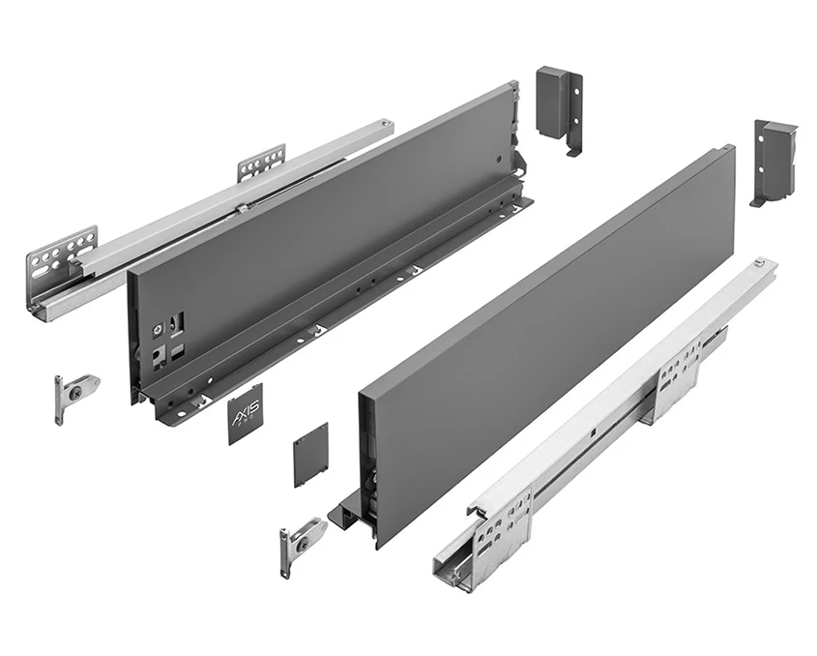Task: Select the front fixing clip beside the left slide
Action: pos(73,394)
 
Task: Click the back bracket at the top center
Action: pos(559,107)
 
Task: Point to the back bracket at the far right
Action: pos(773,160)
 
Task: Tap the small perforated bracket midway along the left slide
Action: pos(261,163)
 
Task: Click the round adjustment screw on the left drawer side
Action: pos(155,328)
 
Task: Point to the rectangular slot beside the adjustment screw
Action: pos(175,320)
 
